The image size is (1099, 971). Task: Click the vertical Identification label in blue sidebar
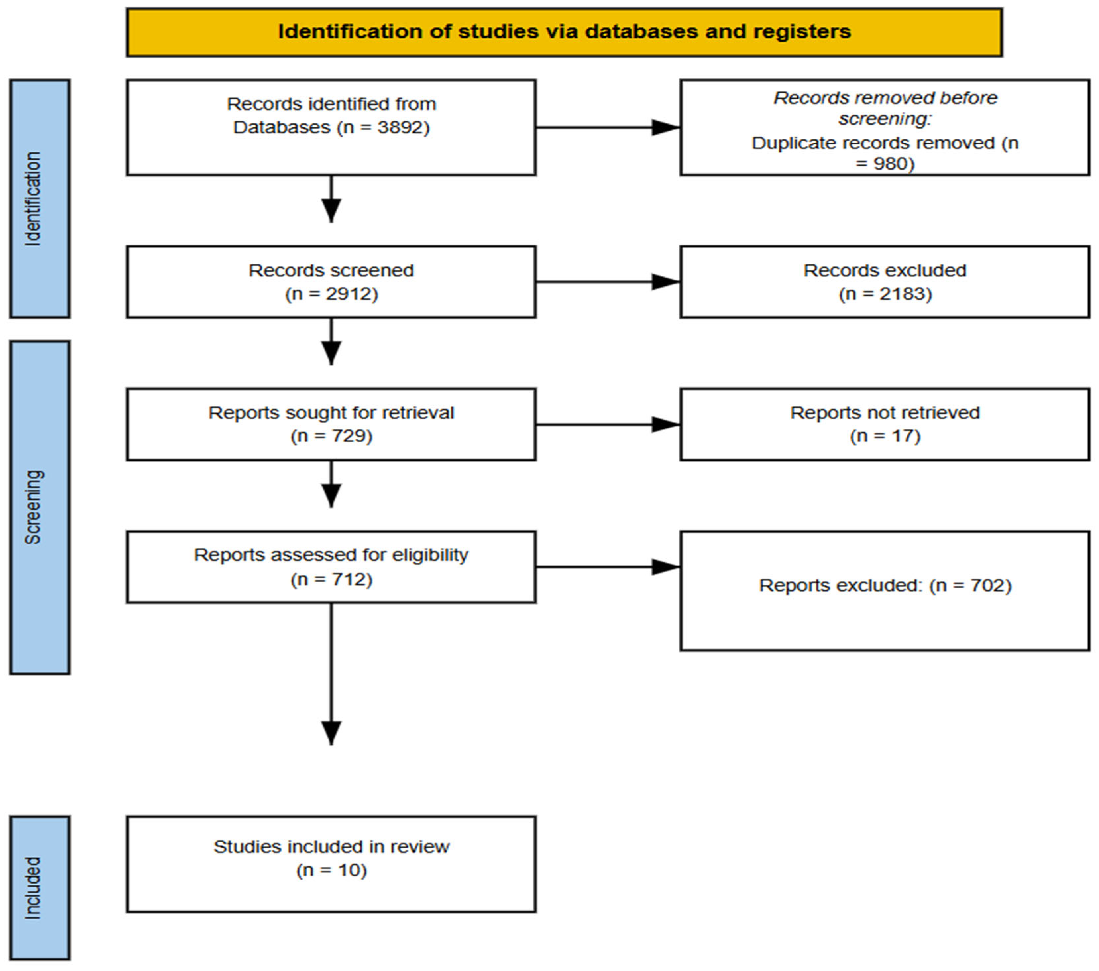tap(33, 199)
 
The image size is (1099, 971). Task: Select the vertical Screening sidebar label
tap(33, 507)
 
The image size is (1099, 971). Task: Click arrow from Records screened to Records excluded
tap(608, 282)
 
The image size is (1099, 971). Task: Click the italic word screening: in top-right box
tap(885, 119)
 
